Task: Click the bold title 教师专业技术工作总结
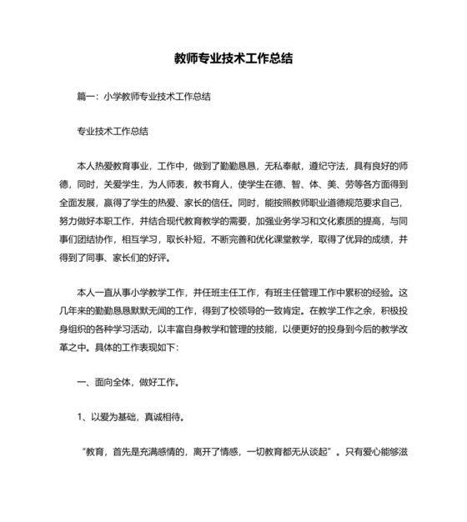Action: tap(233, 60)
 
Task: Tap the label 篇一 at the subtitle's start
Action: tap(86, 97)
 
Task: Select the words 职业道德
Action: tap(324, 203)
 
